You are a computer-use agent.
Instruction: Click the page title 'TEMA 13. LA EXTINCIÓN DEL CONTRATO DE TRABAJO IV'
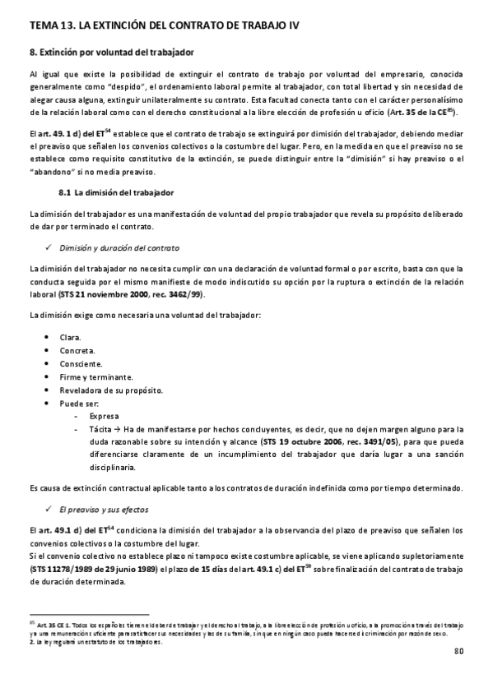(164, 27)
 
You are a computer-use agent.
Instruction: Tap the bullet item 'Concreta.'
(77, 351)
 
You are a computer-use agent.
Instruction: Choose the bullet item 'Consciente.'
(81, 363)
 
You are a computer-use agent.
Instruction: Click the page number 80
(458, 653)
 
